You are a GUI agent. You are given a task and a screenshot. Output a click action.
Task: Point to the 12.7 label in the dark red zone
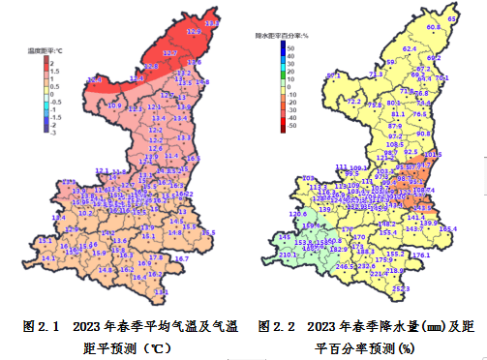(169, 53)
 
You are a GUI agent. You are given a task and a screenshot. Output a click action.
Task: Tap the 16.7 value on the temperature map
(181, 258)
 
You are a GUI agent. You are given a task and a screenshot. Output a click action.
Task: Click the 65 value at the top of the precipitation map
(452, 19)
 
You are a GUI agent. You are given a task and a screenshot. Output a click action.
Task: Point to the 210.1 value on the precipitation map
(289, 255)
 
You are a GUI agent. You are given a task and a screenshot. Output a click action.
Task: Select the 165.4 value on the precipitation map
(447, 229)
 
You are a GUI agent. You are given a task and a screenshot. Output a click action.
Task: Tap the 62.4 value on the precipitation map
(410, 48)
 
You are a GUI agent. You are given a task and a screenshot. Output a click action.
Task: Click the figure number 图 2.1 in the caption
(43, 327)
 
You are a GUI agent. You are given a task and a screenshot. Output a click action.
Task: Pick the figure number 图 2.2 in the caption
(277, 327)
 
